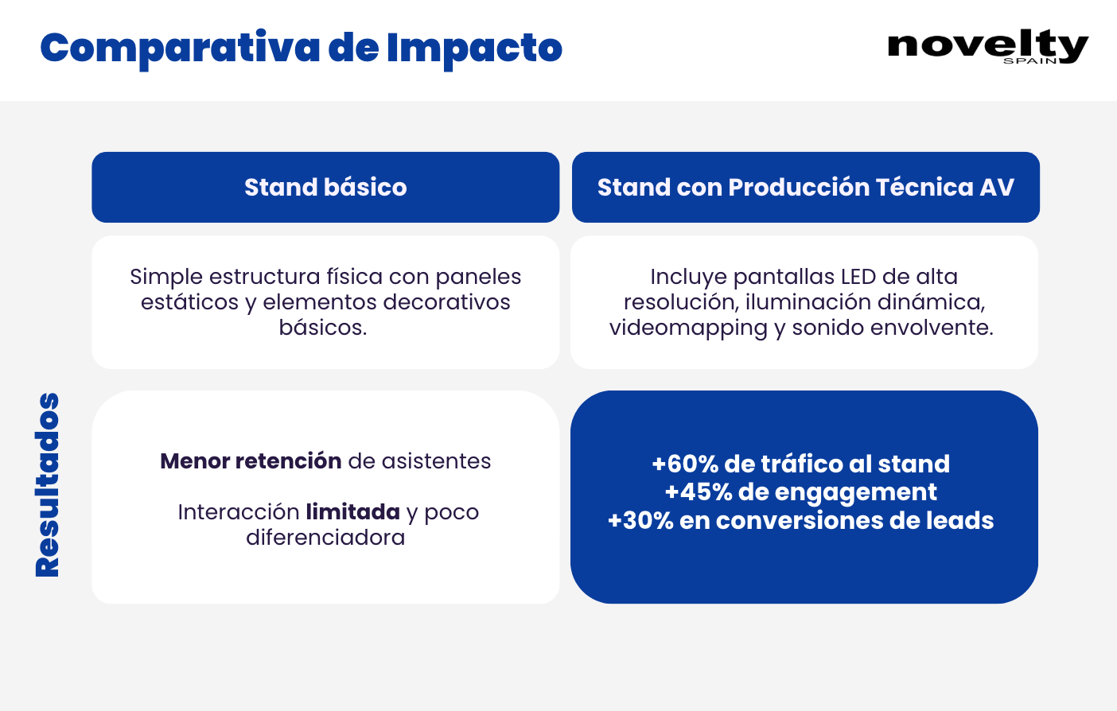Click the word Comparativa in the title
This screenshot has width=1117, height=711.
coord(180,49)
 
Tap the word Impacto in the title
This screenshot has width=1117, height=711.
coord(475,49)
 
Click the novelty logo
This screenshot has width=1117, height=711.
coord(988,46)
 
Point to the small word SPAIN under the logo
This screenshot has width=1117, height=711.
coord(1030,60)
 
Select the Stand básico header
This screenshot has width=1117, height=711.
coord(325,188)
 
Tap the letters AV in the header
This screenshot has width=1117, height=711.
coord(997,188)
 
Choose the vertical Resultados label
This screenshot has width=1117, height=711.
coord(48,485)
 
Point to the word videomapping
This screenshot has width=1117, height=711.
coord(688,328)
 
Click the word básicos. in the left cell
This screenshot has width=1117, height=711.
coord(323,328)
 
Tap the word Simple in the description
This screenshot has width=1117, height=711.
coord(165,278)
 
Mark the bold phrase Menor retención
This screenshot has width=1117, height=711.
coord(251,461)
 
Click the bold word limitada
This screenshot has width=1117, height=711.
coord(353,512)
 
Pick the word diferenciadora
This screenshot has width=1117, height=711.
coord(325,538)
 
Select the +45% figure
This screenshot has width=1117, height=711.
coord(699,492)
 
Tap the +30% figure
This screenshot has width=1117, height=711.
coord(640,521)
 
